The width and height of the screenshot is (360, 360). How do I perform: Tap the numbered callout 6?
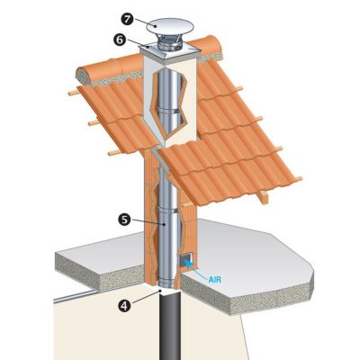coord(120,40)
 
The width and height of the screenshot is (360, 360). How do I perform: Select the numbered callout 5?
coord(124,220)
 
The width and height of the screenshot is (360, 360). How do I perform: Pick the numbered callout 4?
coord(125,305)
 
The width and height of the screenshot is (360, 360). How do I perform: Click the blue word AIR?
coord(215,280)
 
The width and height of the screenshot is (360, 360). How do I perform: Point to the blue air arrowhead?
coord(188,263)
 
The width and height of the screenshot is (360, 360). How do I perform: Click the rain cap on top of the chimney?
coord(170,26)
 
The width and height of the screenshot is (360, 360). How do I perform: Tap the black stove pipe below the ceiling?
coord(170,327)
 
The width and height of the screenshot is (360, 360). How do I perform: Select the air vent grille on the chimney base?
coord(186,260)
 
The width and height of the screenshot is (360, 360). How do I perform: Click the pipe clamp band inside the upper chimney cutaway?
coord(170,111)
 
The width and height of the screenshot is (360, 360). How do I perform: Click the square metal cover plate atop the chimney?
coord(170,53)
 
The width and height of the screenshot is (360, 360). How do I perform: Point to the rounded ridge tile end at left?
coord(85,76)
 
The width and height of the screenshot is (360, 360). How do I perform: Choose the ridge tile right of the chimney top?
coord(207,47)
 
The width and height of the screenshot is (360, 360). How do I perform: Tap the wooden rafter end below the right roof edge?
coord(263,196)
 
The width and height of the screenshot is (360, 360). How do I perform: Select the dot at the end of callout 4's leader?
coord(160,291)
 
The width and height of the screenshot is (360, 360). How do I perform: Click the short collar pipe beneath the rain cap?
coord(170,44)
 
